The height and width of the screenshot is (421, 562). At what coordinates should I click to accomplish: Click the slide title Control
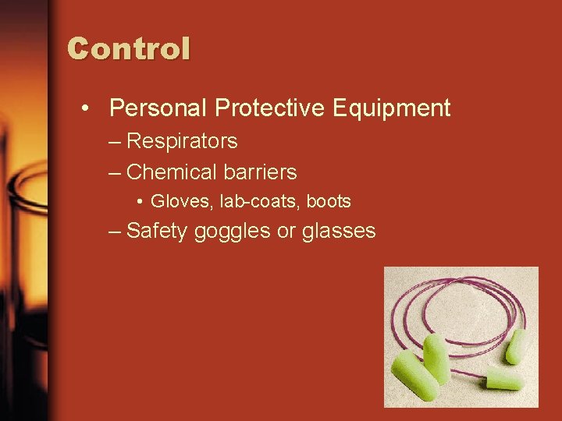(129, 48)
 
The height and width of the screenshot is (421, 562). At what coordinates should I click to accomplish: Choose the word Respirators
(182, 142)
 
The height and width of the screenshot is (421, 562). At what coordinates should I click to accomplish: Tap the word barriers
(259, 172)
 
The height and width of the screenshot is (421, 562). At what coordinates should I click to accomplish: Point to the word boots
(329, 201)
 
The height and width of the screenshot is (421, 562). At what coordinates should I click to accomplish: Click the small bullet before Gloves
(138, 201)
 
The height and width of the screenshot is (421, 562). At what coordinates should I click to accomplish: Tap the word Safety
(157, 231)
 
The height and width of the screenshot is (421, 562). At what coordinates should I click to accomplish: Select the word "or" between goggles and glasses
(286, 232)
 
